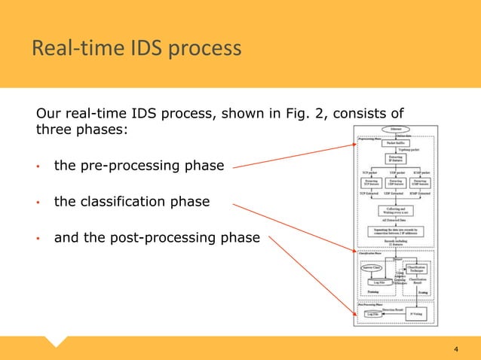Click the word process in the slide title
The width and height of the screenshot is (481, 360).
pos(207,50)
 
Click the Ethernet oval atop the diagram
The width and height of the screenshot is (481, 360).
pos(396,130)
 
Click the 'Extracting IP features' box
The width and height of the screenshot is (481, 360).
pos(396,160)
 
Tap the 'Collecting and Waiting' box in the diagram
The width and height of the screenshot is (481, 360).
pos(396,212)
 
